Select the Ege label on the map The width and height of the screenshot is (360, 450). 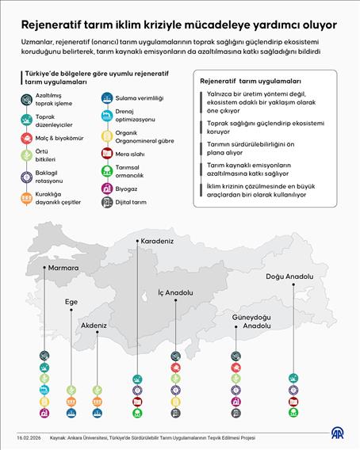(x=71, y=302)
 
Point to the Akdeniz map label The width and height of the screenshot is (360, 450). (x=94, y=325)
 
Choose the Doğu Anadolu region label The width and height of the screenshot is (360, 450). (x=289, y=276)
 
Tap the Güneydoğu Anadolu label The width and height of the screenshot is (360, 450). (x=235, y=322)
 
